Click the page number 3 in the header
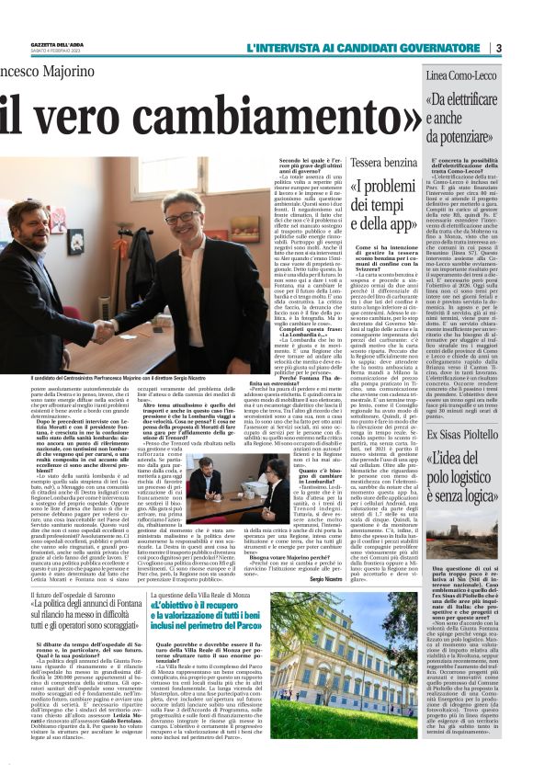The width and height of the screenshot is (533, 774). pyautogui.click(x=497, y=48)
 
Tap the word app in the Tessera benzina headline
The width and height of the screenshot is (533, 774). pyautogui.click(x=398, y=222)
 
